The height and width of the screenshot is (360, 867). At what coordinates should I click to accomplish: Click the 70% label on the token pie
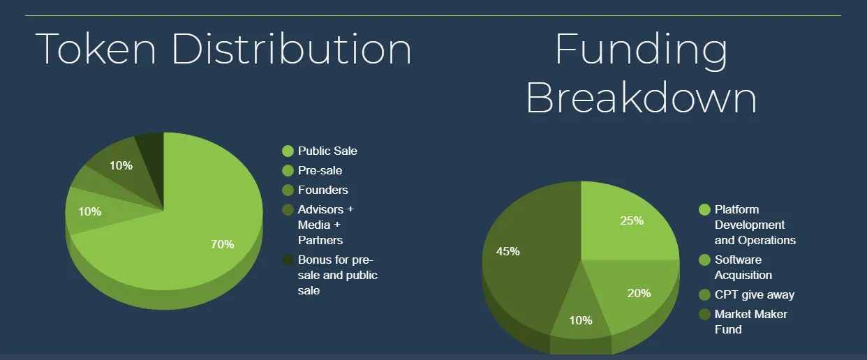[222, 244]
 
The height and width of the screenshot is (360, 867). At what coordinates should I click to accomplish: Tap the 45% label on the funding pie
[507, 251]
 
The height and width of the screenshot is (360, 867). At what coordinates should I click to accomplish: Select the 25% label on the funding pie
[632, 220]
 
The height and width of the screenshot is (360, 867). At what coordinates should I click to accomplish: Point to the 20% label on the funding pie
[639, 293]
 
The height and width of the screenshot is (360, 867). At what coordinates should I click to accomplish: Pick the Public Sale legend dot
[288, 151]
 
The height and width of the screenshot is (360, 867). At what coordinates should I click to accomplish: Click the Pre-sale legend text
[320, 170]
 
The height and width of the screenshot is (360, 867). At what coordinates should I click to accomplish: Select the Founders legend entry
[315, 190]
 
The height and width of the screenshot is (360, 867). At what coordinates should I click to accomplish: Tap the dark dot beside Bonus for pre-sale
[288, 260]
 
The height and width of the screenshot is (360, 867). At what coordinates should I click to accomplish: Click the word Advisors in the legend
[320, 209]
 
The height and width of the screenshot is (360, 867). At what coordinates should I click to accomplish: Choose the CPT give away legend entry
[747, 294]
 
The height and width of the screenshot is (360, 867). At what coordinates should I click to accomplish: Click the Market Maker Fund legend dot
[705, 315]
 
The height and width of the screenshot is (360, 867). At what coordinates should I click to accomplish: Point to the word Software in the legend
[738, 260]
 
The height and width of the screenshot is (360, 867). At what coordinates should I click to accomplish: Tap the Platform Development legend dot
[705, 209]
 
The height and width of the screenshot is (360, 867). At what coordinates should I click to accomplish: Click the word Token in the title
[96, 49]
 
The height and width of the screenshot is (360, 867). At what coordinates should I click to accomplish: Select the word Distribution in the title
[292, 49]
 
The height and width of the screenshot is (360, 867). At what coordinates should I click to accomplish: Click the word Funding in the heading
[642, 52]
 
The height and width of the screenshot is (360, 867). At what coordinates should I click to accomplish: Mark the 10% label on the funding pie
[581, 320]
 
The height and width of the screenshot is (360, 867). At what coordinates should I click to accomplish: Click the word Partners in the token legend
[320, 241]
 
